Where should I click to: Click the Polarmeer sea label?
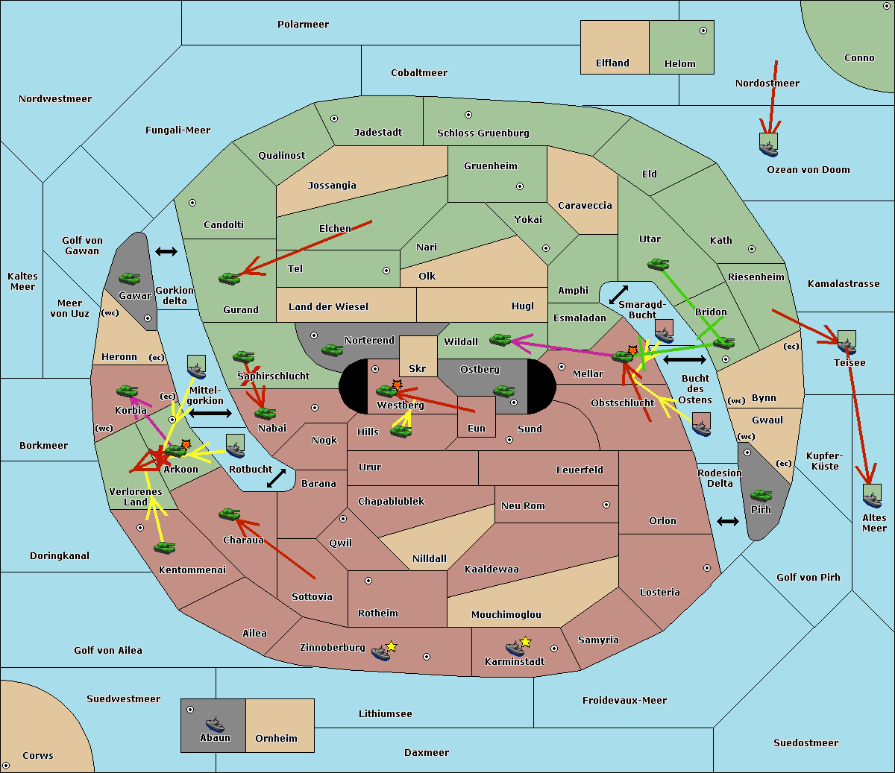pos(303,25)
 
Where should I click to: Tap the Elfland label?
pos(612,63)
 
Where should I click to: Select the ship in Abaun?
pos(215,724)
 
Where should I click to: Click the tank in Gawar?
pos(129,278)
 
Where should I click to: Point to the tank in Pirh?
pos(761,495)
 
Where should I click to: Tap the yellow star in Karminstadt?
pos(525,642)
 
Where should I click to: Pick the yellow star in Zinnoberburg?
pos(391,646)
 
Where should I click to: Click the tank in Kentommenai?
pos(164,547)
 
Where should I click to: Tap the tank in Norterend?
pos(332,350)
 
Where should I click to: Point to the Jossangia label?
pos(332,186)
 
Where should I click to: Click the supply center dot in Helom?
pos(703,31)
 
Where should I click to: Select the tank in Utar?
pos(658,264)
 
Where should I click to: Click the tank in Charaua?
pos(230,514)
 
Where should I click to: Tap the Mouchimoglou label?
pos(506,614)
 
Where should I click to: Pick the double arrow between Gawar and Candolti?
pos(166,251)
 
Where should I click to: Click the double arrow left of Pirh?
pos(728,522)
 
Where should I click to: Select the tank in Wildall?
pos(500,340)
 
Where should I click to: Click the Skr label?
pos(418,368)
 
